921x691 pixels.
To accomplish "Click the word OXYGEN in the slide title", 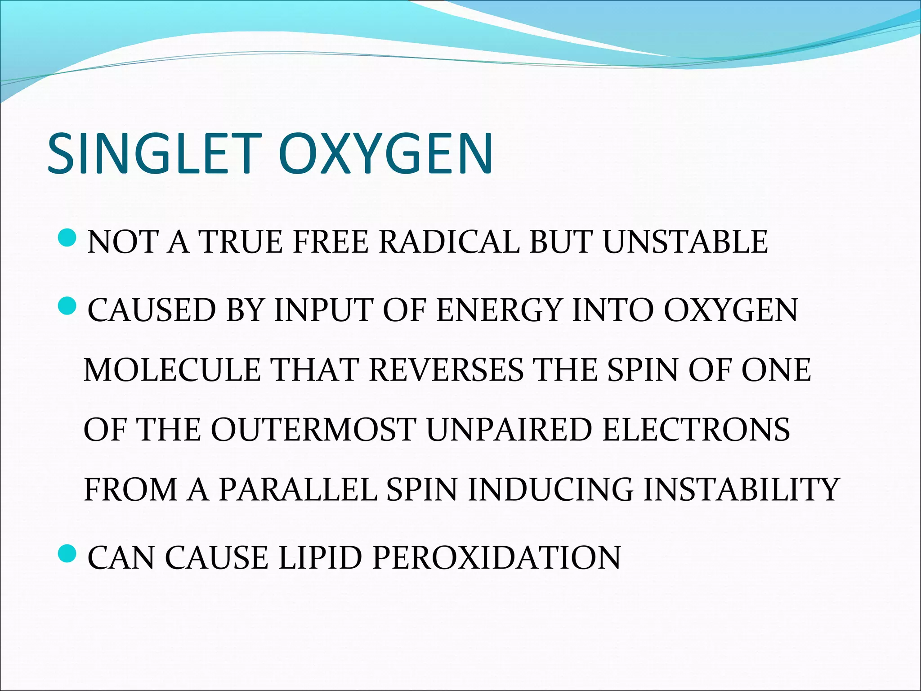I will click(x=387, y=153).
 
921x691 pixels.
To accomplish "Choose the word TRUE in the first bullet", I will click(x=241, y=242).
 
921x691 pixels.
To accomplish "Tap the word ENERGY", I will click(x=499, y=310).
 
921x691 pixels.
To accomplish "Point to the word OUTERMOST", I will click(x=313, y=429).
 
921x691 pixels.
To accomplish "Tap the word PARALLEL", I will click(x=297, y=489).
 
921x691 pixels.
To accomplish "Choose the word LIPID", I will click(x=320, y=558).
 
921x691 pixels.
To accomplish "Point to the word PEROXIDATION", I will click(x=496, y=558).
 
